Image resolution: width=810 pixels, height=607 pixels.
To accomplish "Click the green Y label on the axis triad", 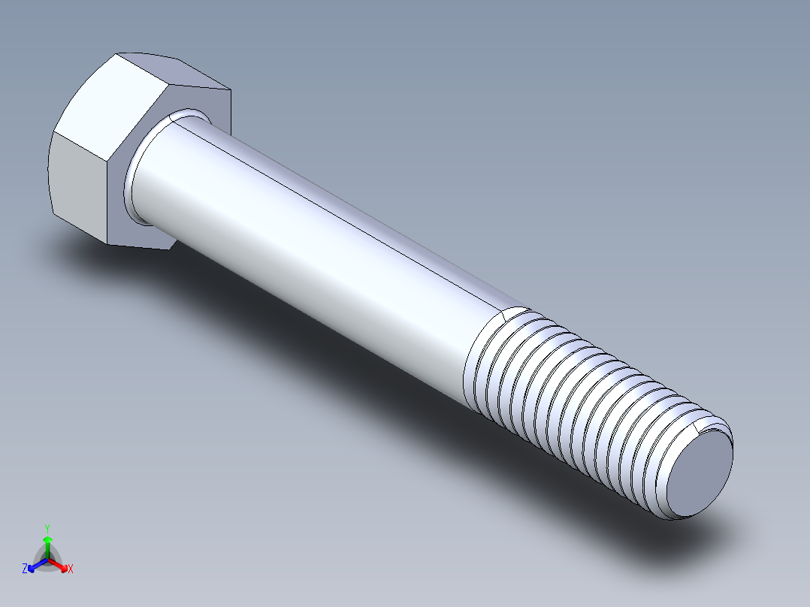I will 47,527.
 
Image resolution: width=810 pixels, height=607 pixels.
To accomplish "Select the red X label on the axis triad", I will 71,569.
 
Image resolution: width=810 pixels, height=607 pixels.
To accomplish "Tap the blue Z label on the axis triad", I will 25,569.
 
